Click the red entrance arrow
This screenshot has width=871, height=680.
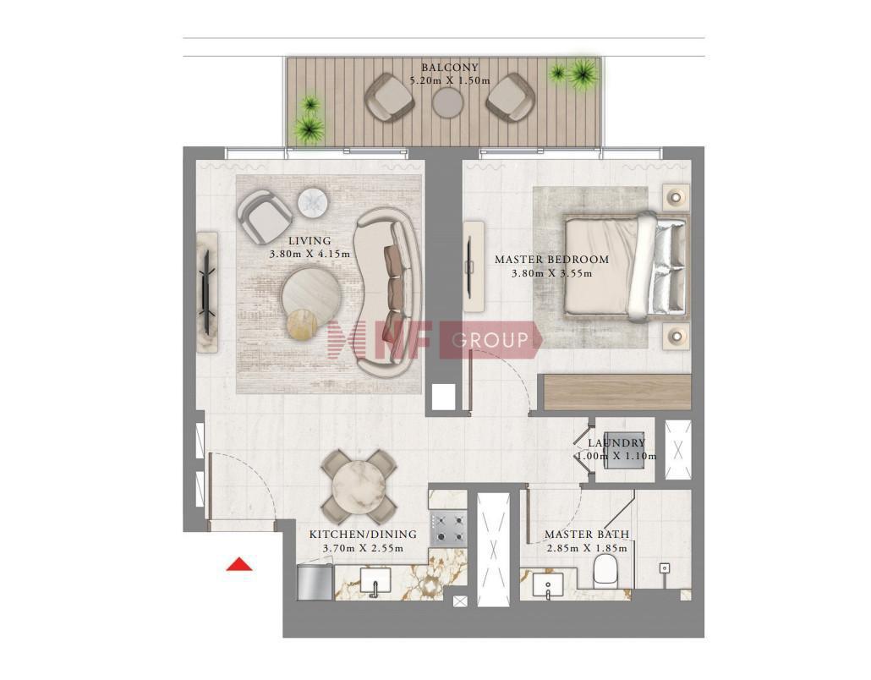[239, 564]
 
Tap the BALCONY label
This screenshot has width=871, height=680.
[449, 68]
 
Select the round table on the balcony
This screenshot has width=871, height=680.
[447, 102]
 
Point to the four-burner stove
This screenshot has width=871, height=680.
[447, 528]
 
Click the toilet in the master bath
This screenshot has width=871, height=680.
[606, 573]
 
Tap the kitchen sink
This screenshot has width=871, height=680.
[375, 581]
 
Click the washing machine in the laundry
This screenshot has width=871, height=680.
[624, 449]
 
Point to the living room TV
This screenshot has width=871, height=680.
[207, 284]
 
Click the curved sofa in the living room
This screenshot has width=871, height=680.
[386, 293]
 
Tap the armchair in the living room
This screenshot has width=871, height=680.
[264, 217]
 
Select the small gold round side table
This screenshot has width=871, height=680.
[302, 323]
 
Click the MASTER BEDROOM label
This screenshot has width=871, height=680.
[551, 260]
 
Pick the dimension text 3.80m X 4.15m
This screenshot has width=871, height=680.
[310, 255]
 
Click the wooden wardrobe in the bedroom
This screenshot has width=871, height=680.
[617, 392]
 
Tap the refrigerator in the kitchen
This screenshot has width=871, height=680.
[315, 582]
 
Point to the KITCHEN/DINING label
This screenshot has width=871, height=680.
[363, 535]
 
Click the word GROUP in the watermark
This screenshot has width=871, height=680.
[490, 339]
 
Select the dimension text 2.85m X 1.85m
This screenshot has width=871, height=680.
[587, 548]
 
